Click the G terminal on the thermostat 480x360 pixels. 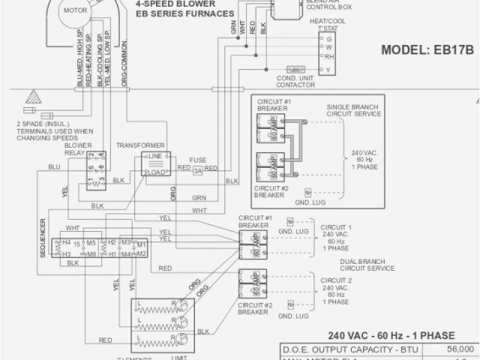tap(328, 37)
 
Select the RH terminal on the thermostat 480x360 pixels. tap(328, 57)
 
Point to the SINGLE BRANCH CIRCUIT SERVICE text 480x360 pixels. tap(354, 110)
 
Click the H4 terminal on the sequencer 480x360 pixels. tap(66, 243)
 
